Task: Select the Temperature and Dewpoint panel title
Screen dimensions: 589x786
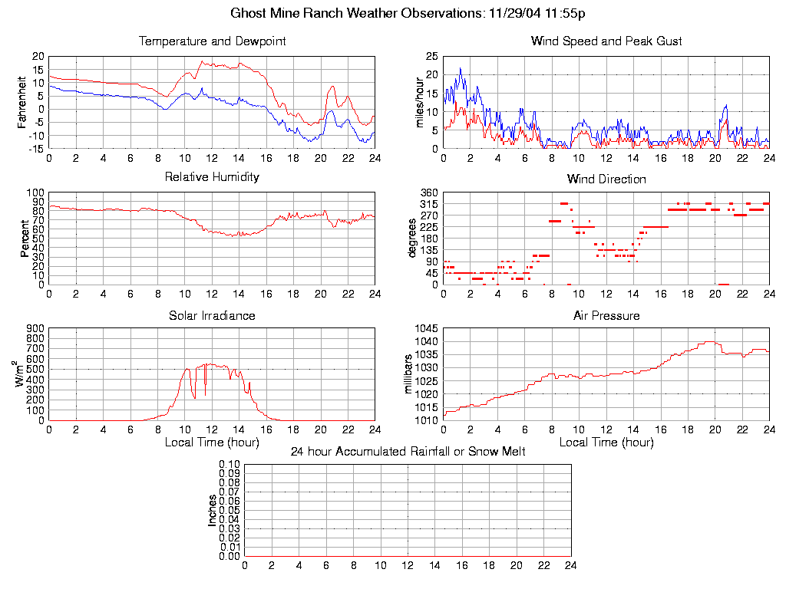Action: [x=212, y=41]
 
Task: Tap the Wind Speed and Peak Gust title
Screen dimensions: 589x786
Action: [x=606, y=41]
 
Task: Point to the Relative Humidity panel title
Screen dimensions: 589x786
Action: [x=212, y=177]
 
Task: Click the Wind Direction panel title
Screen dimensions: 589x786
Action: [x=606, y=179]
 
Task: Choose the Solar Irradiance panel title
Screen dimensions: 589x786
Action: [x=212, y=315]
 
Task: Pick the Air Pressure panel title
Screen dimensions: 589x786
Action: [x=606, y=315]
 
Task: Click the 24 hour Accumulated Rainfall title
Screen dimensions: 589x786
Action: [x=408, y=452]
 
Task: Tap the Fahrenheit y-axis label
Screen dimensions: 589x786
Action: [x=23, y=102]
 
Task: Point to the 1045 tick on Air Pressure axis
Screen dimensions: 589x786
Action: [x=428, y=328]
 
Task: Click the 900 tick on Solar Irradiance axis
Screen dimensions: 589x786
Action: [x=35, y=328]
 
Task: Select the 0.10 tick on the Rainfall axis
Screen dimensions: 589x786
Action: [x=230, y=464]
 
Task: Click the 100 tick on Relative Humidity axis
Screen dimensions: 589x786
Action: [x=35, y=192]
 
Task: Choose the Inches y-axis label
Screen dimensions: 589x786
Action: [x=213, y=510]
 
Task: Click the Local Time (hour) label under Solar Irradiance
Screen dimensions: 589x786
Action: [x=212, y=442]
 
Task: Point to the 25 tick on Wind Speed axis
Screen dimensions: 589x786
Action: [x=431, y=56]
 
